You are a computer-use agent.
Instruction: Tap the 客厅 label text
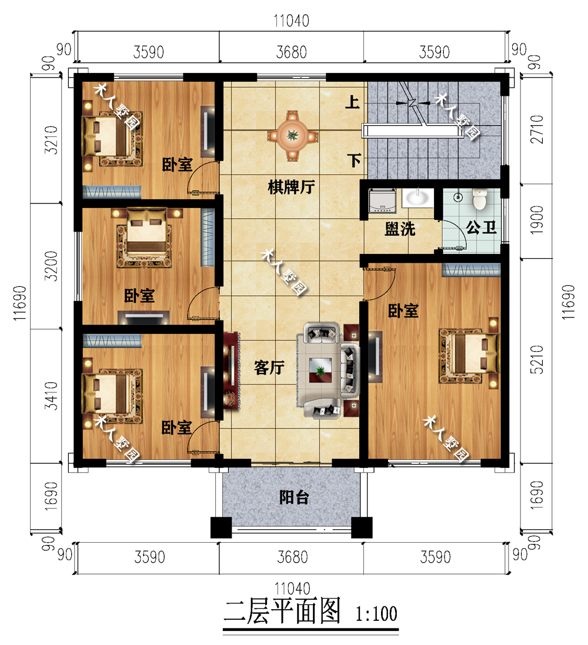tap(269, 368)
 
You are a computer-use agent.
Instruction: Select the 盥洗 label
tap(400, 229)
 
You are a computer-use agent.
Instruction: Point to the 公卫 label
tap(481, 228)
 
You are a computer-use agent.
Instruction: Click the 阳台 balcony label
tap(293, 498)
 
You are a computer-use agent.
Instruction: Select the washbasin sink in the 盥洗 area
tap(418, 198)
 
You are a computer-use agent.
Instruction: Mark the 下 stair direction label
tap(353, 160)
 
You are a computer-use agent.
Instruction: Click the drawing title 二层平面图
tap(282, 613)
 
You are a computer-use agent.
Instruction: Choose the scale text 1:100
tap(376, 615)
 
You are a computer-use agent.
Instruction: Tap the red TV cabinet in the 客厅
tap(230, 369)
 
